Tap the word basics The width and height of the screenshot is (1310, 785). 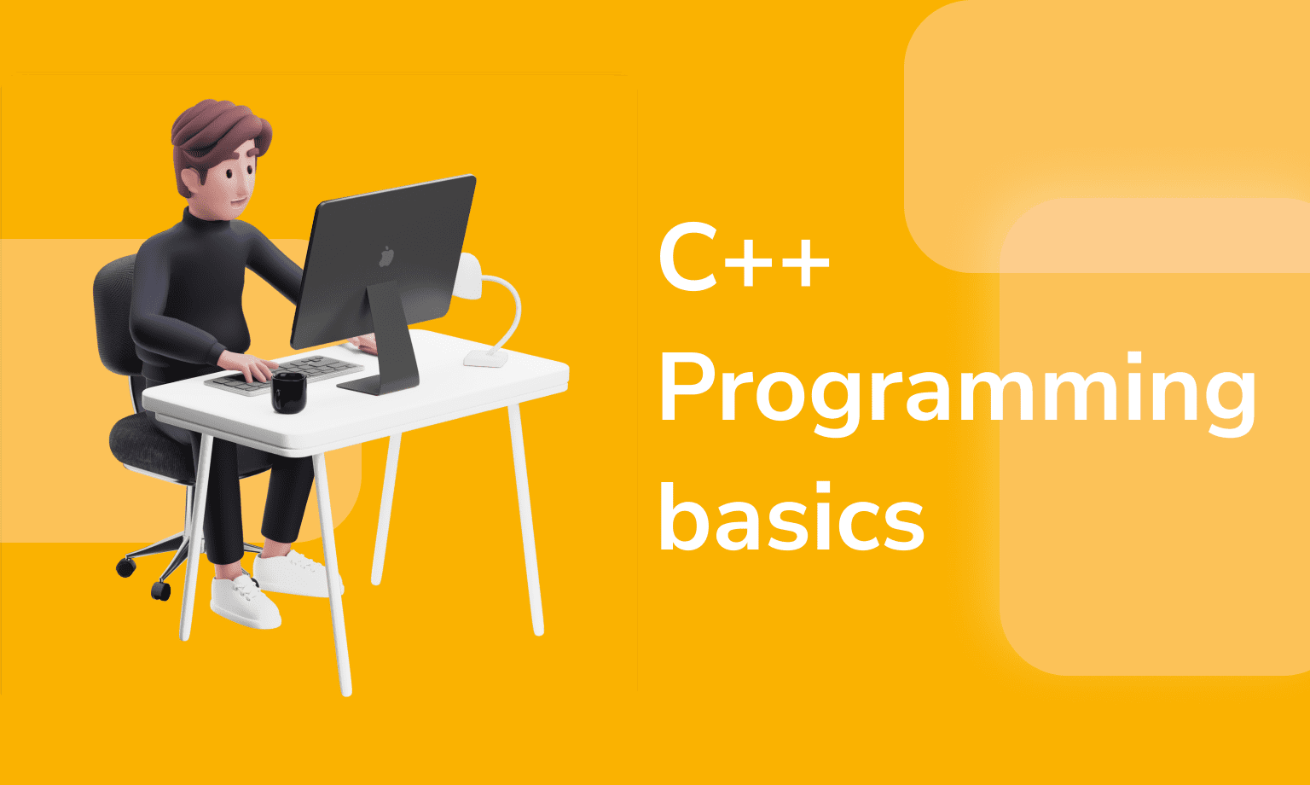tap(791, 516)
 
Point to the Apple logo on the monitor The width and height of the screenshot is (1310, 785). tap(386, 257)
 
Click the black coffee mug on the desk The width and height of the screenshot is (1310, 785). tap(289, 392)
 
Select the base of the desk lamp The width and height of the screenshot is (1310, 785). tap(486, 358)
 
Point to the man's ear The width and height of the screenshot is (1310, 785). tap(191, 179)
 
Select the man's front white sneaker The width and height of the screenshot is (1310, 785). tap(245, 602)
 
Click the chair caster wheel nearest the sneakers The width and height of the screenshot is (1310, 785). tap(160, 590)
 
